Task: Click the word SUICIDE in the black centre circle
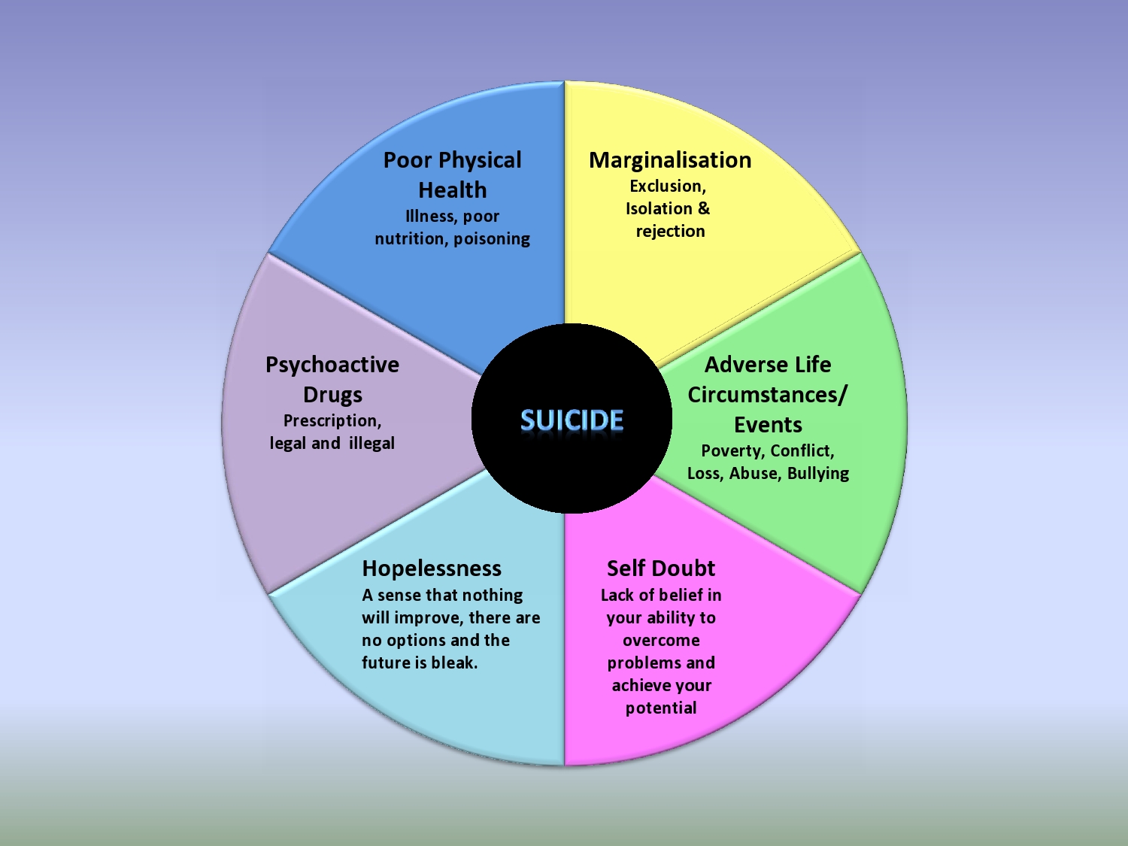[572, 420]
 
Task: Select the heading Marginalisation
[669, 160]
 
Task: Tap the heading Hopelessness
[431, 569]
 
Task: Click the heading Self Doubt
[660, 569]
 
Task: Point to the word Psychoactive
[332, 365]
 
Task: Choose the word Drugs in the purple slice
[332, 395]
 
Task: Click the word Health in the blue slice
[452, 190]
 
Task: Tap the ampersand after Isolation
[703, 208]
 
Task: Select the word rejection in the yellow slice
[670, 232]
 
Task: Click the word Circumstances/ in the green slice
[767, 395]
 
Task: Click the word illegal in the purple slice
[371, 444]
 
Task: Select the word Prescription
[332, 421]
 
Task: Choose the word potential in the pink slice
[661, 708]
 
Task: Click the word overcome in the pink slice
[661, 641]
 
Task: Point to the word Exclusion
[667, 186]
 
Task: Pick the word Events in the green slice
[768, 425]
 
